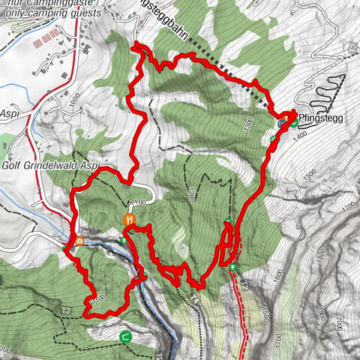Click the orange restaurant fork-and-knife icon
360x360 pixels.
click(130, 219)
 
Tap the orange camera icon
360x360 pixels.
click(79, 241)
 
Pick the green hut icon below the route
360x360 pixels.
click(125, 337)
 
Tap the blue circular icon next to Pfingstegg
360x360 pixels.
click(281, 122)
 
